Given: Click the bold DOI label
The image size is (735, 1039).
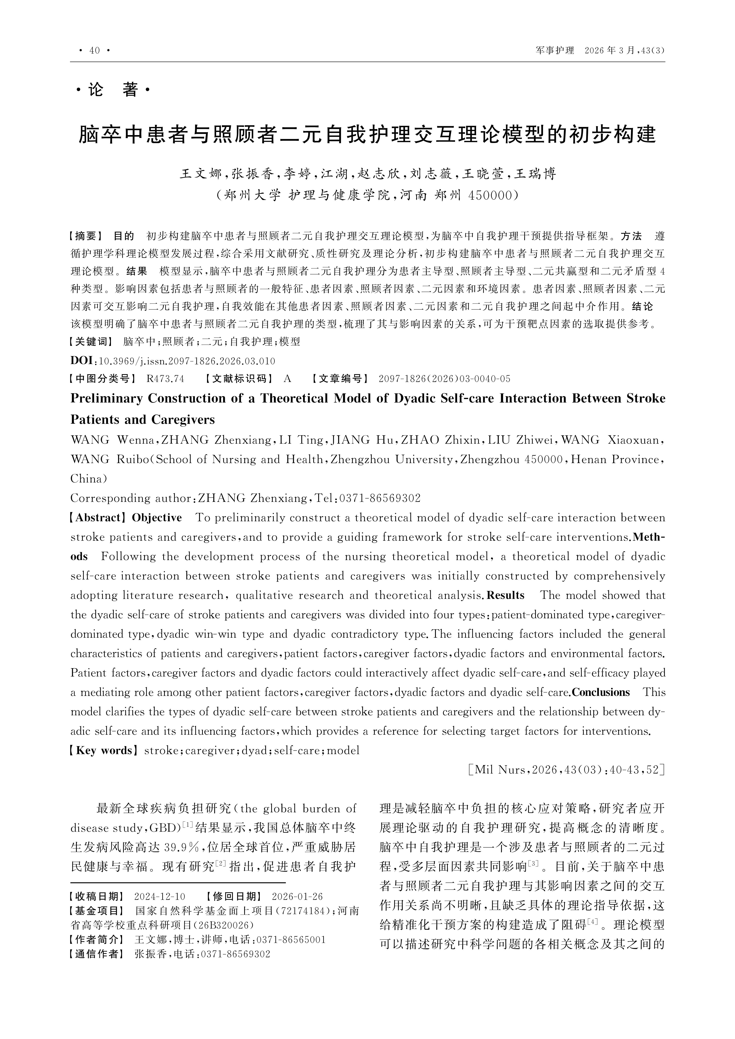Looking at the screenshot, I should click(x=81, y=361).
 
